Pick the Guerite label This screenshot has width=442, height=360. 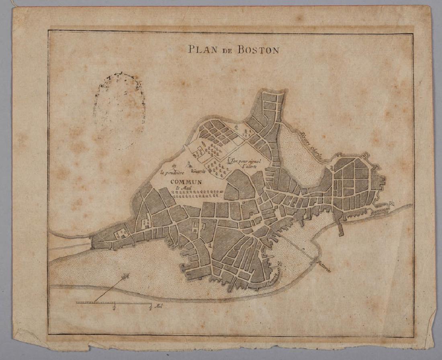pyautogui.click(x=199, y=172)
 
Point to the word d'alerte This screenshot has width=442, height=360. pyautogui.click(x=249, y=167)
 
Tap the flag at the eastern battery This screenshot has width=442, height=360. pyautogui.click(x=392, y=204)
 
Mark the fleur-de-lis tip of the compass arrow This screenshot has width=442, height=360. pyautogui.click(x=127, y=276)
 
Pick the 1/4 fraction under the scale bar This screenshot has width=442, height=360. pyautogui.click(x=115, y=308)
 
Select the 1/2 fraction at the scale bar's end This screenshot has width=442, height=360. pyautogui.click(x=150, y=308)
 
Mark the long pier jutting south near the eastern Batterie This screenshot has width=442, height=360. pyautogui.click(x=341, y=227)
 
